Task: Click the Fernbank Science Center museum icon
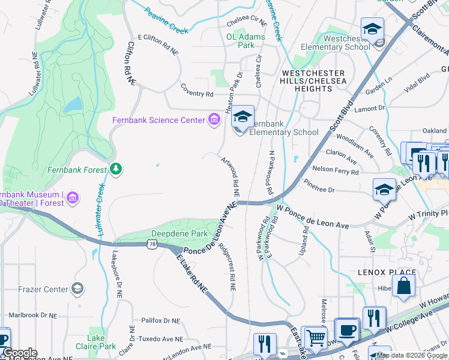214,120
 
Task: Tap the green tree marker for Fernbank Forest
116,170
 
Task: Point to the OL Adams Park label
241,40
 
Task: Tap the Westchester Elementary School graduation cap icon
372,29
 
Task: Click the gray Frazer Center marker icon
77,289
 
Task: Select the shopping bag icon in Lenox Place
405,287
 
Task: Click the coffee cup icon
346,330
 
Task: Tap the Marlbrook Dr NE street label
32,315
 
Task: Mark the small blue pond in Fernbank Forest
73,105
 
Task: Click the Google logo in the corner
20,353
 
